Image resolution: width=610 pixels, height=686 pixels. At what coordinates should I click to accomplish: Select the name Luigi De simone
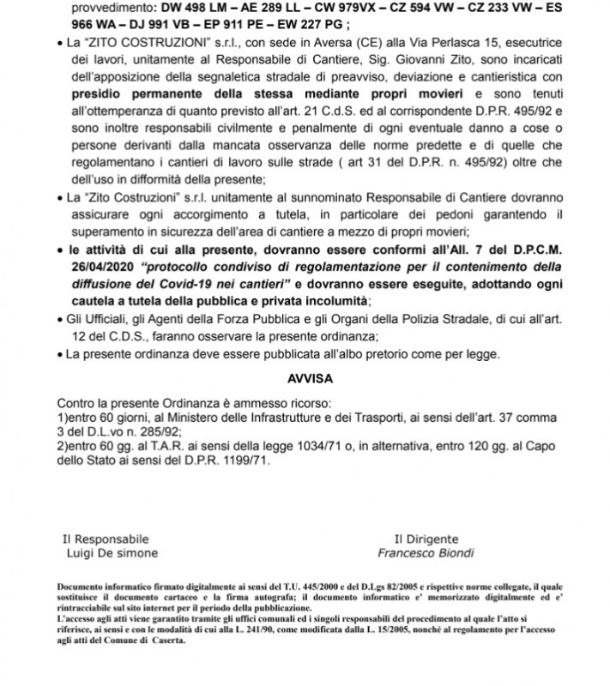(x=107, y=553)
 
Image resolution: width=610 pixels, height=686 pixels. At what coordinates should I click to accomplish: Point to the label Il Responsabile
(x=106, y=539)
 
